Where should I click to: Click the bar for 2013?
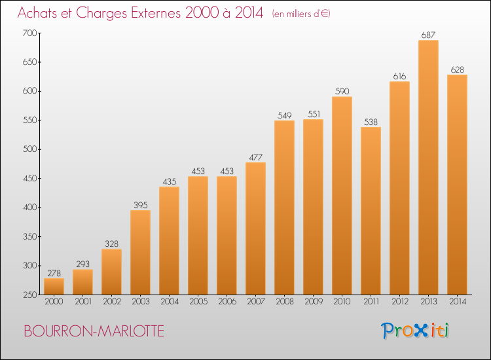(x=428, y=168)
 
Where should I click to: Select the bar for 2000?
(x=54, y=287)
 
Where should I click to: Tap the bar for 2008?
(x=284, y=207)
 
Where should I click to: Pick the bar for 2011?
(x=371, y=211)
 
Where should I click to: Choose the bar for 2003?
(x=140, y=252)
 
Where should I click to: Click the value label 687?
(x=428, y=35)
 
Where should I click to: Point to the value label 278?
(x=54, y=273)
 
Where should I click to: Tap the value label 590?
(x=342, y=91)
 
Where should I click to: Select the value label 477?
(x=255, y=156)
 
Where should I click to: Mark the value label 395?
(x=140, y=204)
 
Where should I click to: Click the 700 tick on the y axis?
(x=29, y=33)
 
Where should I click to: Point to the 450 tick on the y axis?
(x=29, y=178)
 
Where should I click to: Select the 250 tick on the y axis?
(x=29, y=295)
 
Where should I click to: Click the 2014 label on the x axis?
(x=457, y=302)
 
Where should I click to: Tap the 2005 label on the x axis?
(x=198, y=302)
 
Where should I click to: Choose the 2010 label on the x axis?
(x=342, y=302)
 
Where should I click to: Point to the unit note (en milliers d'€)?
(x=301, y=14)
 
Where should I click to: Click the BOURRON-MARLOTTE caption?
(x=94, y=331)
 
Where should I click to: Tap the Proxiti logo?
(x=415, y=331)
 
